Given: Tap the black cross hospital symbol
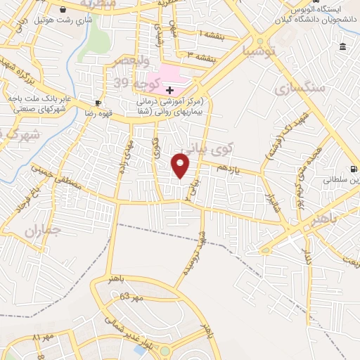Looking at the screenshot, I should click(x=169, y=89).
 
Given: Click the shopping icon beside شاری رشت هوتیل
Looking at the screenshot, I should click(x=65, y=10).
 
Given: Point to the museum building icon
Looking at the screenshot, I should click(x=342, y=47).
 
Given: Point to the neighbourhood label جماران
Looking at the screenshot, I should click(x=44, y=231).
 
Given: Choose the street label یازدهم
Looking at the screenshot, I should click(x=231, y=169).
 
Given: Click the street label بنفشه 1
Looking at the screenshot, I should click(x=212, y=34).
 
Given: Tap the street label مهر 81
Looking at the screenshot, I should click(x=43, y=338).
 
